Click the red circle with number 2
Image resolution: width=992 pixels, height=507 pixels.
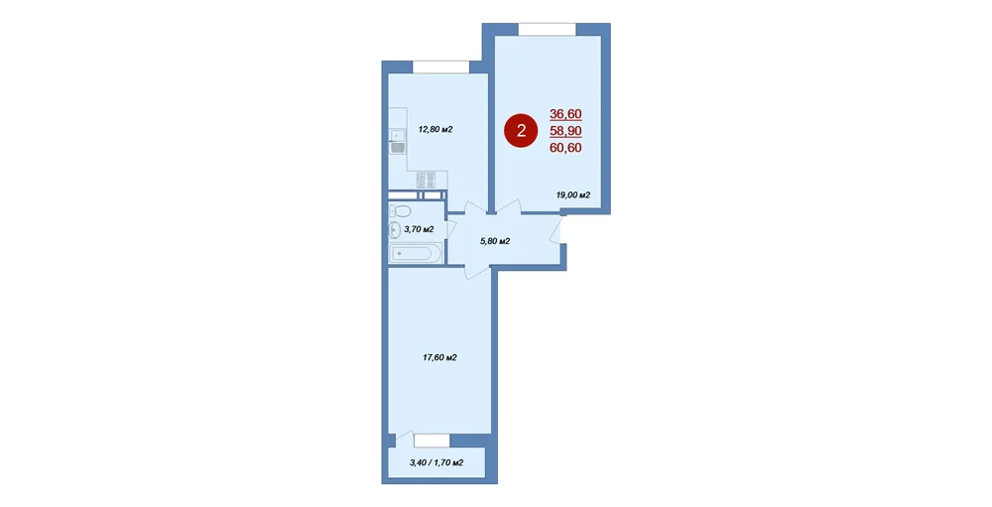(x=520, y=131)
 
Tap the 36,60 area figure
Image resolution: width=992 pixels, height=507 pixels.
(x=565, y=114)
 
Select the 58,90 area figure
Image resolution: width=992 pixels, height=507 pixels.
(x=565, y=131)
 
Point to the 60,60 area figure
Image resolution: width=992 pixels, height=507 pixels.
(x=565, y=148)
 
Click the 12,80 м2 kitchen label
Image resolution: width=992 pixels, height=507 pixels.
(x=435, y=129)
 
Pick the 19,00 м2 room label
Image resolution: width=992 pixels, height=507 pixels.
(x=573, y=194)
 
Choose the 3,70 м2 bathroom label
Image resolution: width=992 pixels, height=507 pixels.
(x=419, y=229)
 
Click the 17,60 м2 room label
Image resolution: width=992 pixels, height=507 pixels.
(x=439, y=357)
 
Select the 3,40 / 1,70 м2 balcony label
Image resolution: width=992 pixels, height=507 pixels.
(x=436, y=462)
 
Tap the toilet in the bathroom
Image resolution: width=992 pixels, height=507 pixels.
(x=400, y=210)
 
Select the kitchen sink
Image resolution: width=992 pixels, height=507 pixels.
(x=398, y=142)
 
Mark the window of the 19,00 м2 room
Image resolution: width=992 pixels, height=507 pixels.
(x=548, y=29)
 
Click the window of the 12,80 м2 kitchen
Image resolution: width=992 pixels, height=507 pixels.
(x=441, y=67)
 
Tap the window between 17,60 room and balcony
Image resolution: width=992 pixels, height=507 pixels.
(x=433, y=441)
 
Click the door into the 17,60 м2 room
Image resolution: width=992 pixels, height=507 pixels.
(x=477, y=272)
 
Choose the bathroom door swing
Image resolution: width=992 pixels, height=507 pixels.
(x=451, y=229)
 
